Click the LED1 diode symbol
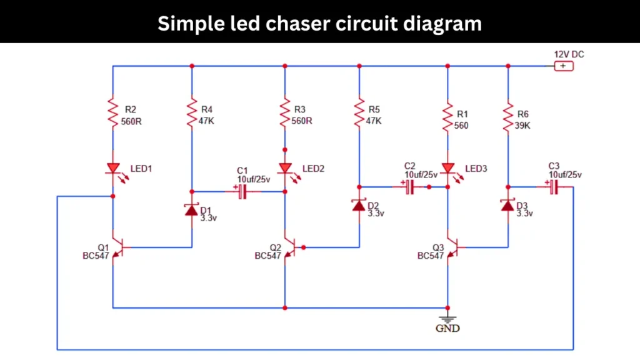coord(113,168)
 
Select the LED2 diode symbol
coord(285,169)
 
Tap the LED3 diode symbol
coord(447,169)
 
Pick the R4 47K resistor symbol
coord(192,113)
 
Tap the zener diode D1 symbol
coord(192,209)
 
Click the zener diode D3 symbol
coord(507,205)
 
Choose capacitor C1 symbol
coord(242,192)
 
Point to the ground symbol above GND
coord(447,319)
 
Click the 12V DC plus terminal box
coord(563,66)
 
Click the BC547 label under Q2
coord(267,256)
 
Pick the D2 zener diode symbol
coord(359,205)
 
